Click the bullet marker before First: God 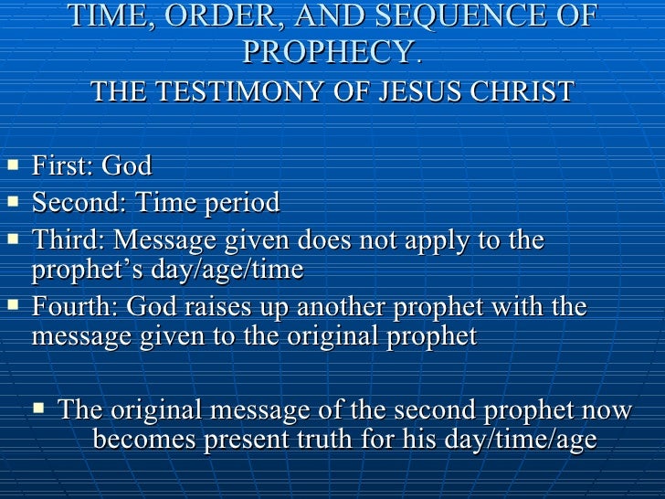(x=12, y=166)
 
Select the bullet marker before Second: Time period (x=12, y=202)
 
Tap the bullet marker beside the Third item (x=12, y=239)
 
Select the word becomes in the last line (x=143, y=441)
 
